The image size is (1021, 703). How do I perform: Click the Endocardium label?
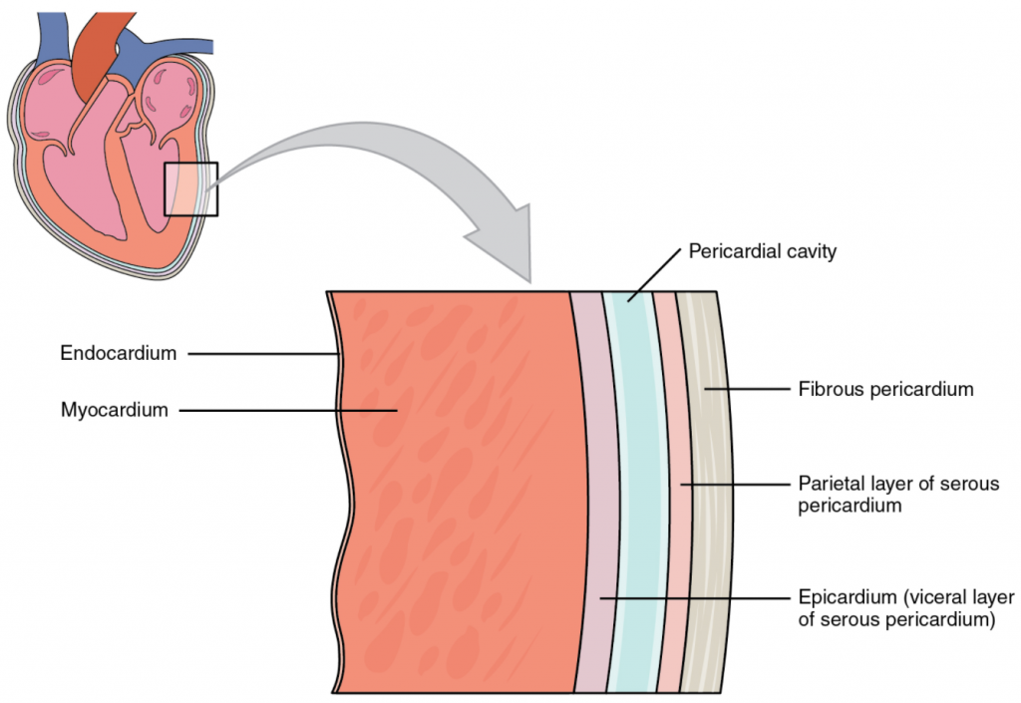(x=118, y=353)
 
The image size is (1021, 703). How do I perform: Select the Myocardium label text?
(x=113, y=408)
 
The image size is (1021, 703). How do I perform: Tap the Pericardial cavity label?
(x=762, y=251)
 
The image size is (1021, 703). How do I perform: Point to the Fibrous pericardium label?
(x=885, y=390)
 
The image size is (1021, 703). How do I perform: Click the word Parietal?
(x=828, y=484)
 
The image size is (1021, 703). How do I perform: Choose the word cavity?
(x=811, y=251)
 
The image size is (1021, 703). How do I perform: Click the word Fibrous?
(x=828, y=390)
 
